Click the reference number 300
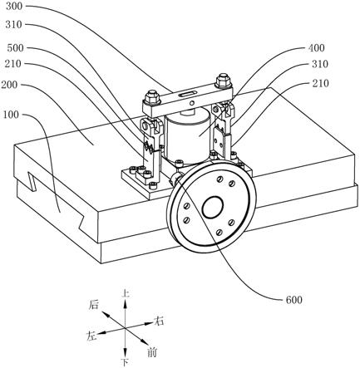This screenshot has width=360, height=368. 13,7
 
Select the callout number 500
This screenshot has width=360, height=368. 15,48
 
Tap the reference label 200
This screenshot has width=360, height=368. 9,85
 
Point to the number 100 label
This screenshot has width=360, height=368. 11,115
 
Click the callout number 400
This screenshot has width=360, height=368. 316,48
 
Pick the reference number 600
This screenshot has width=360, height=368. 293,300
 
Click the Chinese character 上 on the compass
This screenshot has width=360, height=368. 126,293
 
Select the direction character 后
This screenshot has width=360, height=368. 94,305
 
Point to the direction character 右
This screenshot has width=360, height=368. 159,321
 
